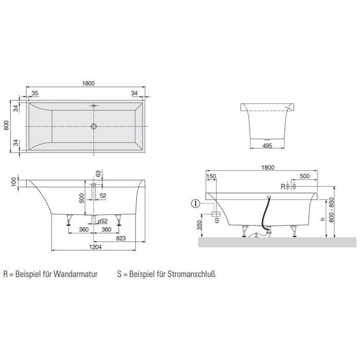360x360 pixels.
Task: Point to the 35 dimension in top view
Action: click(35, 93)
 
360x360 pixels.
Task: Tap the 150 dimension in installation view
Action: click(211, 176)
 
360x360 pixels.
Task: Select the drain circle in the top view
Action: click(94, 125)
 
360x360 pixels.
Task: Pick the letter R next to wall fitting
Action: click(282, 186)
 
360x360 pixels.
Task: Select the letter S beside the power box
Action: click(217, 220)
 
